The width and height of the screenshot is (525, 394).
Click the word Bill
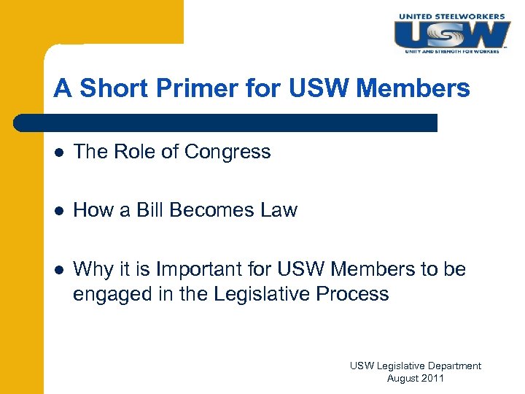click(x=155, y=210)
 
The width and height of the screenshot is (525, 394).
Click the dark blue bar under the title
click(x=226, y=122)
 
